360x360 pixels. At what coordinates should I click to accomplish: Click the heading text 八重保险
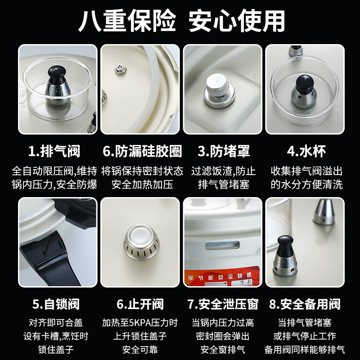pyautogui.click(x=127, y=21)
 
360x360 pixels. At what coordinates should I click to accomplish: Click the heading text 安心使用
pyautogui.click(x=237, y=21)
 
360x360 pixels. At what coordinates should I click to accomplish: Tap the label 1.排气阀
pyautogui.click(x=54, y=151)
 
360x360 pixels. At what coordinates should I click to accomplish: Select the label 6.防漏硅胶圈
pyautogui.click(x=142, y=151)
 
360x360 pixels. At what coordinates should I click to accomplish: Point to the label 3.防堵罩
pyautogui.click(x=224, y=151)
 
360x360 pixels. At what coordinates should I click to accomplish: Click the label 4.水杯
pyautogui.click(x=306, y=151)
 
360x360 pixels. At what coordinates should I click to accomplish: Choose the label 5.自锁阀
pyautogui.click(x=56, y=304)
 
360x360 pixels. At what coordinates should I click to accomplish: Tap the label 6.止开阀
pyautogui.click(x=140, y=304)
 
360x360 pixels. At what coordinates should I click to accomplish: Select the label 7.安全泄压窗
pyautogui.click(x=223, y=304)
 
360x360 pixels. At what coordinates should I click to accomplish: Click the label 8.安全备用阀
pyautogui.click(x=305, y=304)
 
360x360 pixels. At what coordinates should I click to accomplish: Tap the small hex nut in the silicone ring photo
pyautogui.click(x=120, y=69)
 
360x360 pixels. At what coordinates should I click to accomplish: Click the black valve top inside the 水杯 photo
pyautogui.click(x=305, y=84)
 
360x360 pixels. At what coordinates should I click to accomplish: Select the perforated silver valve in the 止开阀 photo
pyautogui.click(x=141, y=242)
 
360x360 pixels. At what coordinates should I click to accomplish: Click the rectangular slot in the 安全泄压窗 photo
pyautogui.click(x=222, y=246)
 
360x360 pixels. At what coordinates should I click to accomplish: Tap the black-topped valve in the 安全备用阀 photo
pyautogui.click(x=285, y=256)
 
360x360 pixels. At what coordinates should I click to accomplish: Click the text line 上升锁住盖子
pyautogui.click(x=140, y=336)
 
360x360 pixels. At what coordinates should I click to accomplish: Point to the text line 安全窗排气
pyautogui.click(x=223, y=350)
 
